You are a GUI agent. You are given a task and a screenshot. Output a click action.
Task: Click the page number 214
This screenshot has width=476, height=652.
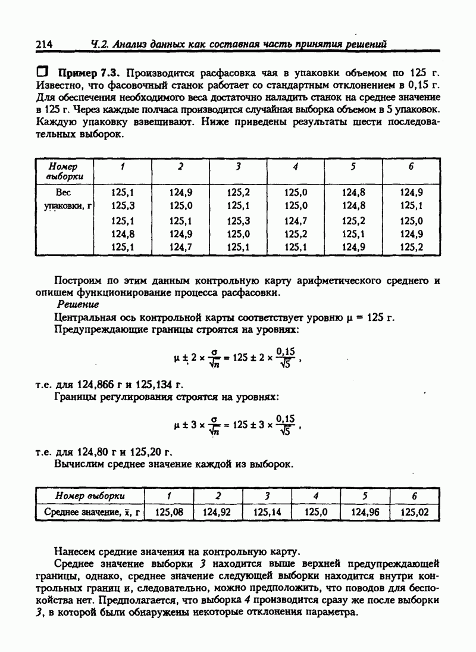(45, 43)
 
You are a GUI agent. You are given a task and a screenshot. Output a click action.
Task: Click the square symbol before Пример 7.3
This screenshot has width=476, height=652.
(43, 72)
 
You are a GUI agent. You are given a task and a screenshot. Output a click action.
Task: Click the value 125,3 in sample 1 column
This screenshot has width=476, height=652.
(122, 205)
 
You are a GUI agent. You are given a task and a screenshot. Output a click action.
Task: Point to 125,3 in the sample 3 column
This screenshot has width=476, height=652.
(239, 221)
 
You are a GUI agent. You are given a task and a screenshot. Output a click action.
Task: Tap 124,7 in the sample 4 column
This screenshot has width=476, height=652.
(296, 221)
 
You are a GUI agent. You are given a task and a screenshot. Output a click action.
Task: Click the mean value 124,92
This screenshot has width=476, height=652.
(217, 511)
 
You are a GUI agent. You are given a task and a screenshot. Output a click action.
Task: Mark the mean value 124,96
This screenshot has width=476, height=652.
(365, 511)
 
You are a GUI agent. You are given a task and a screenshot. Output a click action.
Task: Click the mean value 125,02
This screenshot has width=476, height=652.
(415, 511)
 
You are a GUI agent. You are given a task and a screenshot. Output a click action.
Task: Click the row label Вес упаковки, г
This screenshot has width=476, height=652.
(66, 199)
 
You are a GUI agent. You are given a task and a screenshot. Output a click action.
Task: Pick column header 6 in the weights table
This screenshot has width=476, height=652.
(411, 167)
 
